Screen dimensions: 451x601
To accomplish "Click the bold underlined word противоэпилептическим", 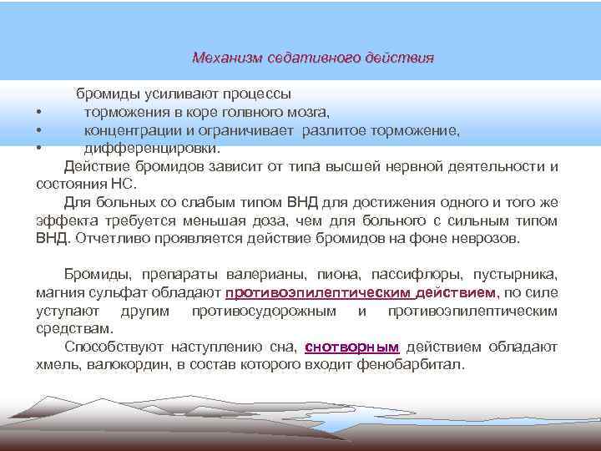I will [x=316, y=292].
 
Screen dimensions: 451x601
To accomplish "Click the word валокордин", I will [x=114, y=366].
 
